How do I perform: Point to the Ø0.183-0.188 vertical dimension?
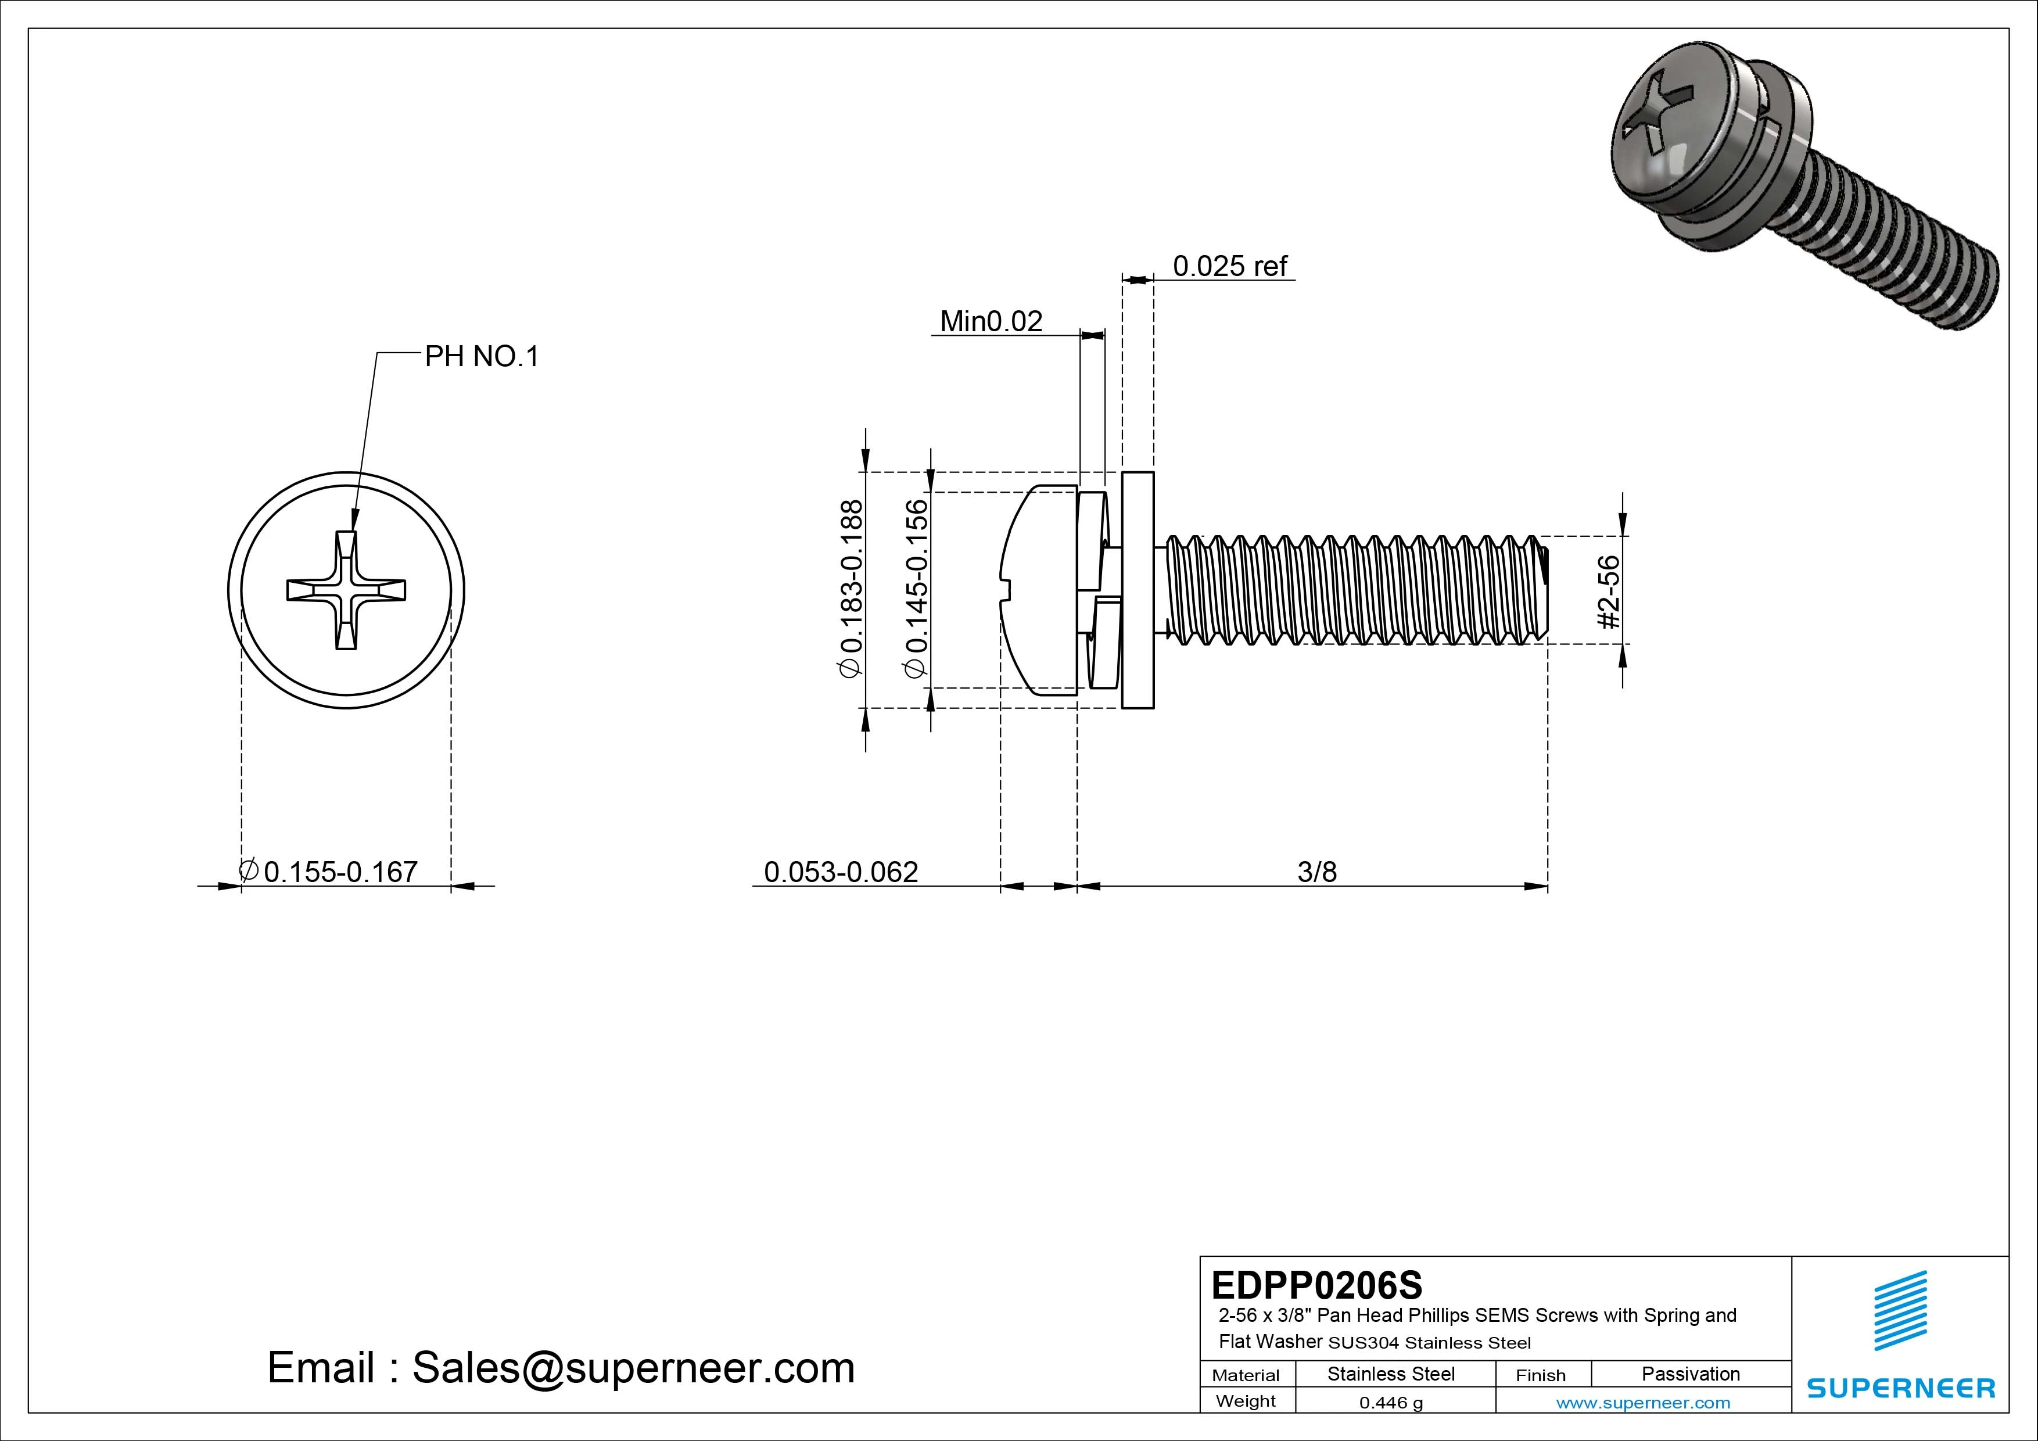point(851,589)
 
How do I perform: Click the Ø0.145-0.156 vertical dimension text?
point(916,589)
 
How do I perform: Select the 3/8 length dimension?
point(1316,872)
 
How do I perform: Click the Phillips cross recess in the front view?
point(346,590)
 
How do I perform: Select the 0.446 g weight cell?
point(1390,1403)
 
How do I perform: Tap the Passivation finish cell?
point(1690,1374)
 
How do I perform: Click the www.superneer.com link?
point(1643,1403)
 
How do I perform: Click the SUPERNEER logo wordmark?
point(1900,1388)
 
